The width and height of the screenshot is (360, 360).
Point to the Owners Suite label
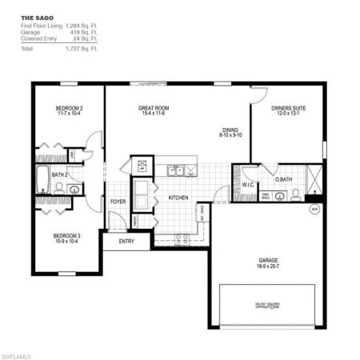tap(287, 106)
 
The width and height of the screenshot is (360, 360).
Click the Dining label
tap(230, 129)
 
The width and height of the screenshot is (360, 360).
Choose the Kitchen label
tap(178, 197)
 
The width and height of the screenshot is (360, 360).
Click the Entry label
tap(126, 240)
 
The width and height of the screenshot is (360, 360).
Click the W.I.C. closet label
tap(247, 186)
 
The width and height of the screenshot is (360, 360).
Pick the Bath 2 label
tap(59, 174)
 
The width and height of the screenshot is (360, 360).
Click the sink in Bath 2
tap(74, 190)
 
